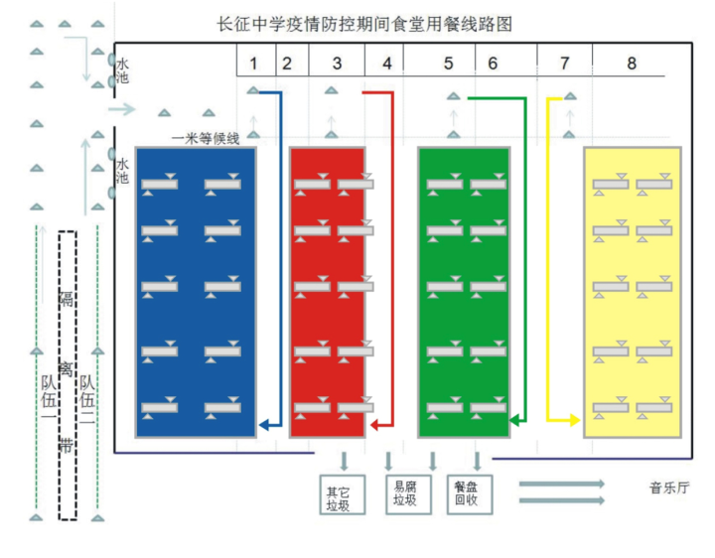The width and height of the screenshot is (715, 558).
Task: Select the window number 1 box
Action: [x=254, y=63]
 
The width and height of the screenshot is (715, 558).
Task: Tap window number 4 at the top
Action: [x=386, y=63]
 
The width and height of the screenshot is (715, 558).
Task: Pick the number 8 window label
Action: [x=632, y=63]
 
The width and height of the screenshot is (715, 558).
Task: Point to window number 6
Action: [x=493, y=63]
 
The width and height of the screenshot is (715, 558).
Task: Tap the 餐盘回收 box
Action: [x=467, y=495]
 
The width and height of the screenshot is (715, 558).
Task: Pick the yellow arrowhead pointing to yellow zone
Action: [x=573, y=421]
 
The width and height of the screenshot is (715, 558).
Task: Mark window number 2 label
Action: [x=287, y=63]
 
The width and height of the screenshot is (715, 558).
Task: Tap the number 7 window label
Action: [x=565, y=63]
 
